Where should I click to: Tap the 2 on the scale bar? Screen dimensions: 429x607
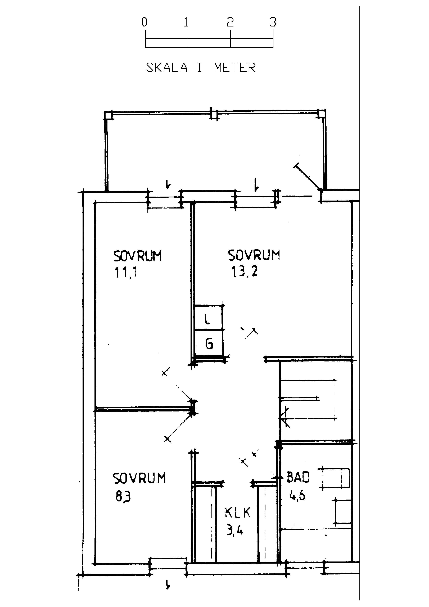(230, 22)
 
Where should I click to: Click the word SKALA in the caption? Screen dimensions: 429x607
(167, 67)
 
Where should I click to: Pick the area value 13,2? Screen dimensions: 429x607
(245, 271)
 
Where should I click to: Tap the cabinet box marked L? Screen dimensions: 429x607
(209, 318)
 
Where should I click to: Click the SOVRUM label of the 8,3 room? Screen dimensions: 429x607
(139, 478)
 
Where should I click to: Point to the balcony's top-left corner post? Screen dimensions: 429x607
(108, 116)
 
